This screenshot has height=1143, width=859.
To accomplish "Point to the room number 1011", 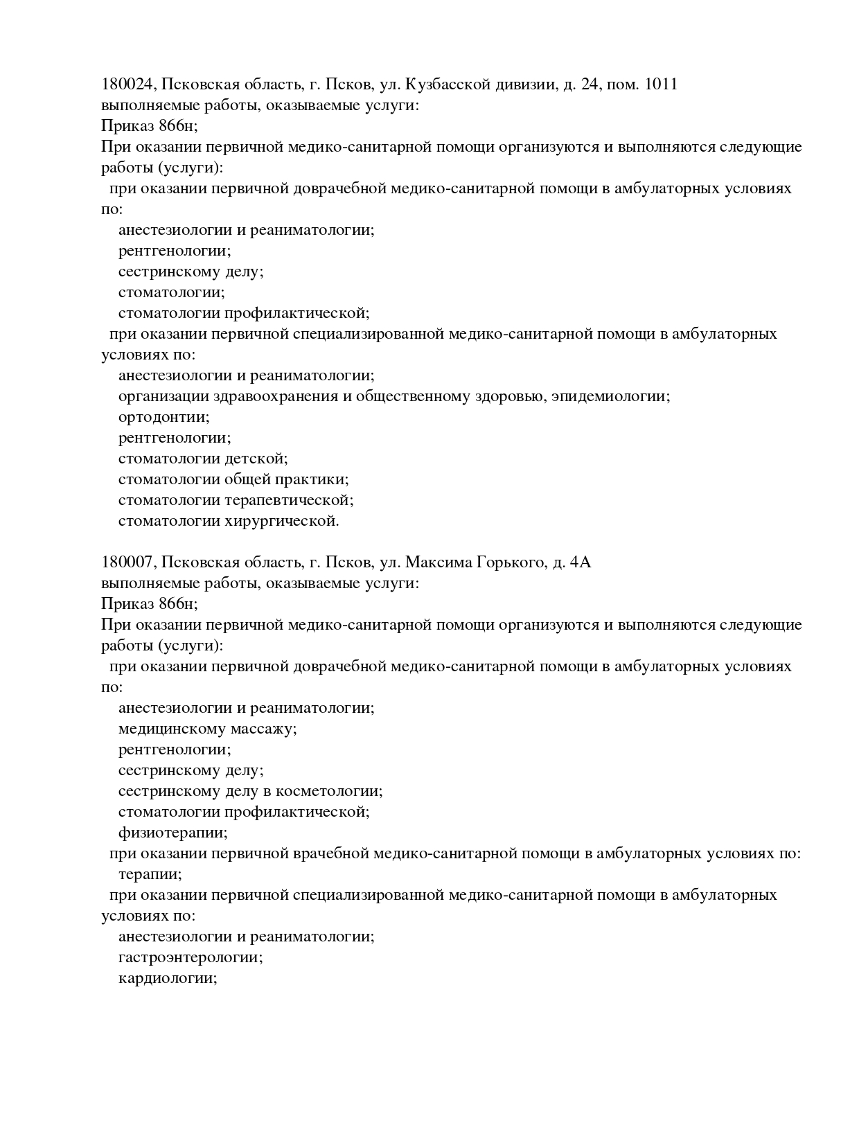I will pyautogui.click(x=661, y=85).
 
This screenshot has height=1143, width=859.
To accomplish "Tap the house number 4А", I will pyautogui.click(x=580, y=562).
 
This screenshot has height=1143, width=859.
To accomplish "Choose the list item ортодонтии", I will pyautogui.click(x=163, y=417).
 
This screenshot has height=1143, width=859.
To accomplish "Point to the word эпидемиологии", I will pyautogui.click(x=610, y=396).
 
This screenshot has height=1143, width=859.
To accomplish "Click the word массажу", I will pyautogui.click(x=263, y=729).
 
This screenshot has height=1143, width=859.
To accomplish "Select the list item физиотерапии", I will pyautogui.click(x=172, y=833).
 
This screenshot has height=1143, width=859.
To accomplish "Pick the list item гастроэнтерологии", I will pyautogui.click(x=191, y=957).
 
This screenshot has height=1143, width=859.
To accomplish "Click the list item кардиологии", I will pyautogui.click(x=168, y=978).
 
